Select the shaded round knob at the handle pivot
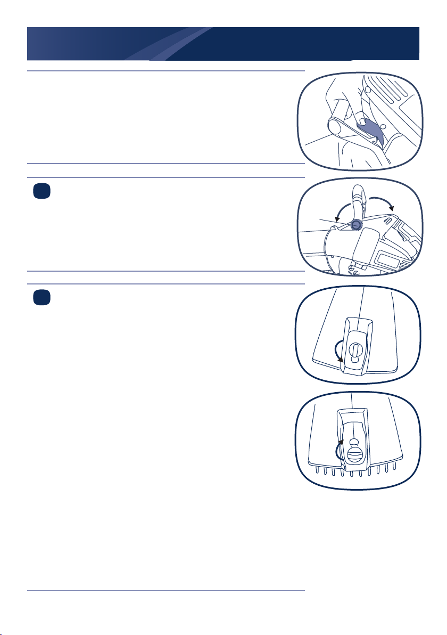356,225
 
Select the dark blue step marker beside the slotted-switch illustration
39,298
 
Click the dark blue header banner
223,44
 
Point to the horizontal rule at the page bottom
165,591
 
